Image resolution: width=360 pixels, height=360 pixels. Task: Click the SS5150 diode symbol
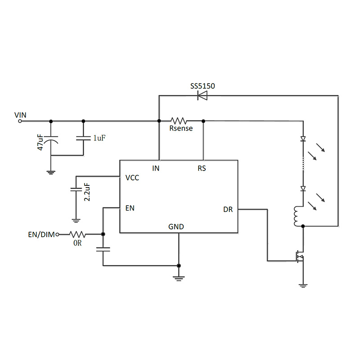click(202, 95)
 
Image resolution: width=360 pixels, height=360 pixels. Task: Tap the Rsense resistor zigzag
click(179, 121)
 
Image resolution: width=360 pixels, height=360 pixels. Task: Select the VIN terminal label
click(20, 115)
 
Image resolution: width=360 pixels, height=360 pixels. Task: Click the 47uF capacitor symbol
click(51, 140)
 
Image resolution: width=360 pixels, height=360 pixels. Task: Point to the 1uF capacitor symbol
click(83, 138)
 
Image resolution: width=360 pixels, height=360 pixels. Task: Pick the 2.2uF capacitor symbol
click(76, 190)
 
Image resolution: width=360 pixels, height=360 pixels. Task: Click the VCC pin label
click(132, 178)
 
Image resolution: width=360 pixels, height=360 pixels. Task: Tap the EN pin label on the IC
click(130, 208)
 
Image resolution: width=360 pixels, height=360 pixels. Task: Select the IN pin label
click(156, 169)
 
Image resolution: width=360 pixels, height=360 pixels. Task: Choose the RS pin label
click(202, 169)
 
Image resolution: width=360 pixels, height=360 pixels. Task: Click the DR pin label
click(228, 210)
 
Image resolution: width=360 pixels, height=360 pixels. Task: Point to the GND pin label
click(176, 227)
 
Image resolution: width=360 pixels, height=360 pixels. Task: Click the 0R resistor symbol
click(77, 234)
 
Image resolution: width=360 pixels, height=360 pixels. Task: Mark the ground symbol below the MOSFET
click(303, 285)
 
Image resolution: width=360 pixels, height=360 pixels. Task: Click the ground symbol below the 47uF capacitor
click(51, 171)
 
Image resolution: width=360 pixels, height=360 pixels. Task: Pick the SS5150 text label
click(202, 85)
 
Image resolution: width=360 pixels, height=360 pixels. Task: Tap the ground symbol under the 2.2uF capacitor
click(76, 220)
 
